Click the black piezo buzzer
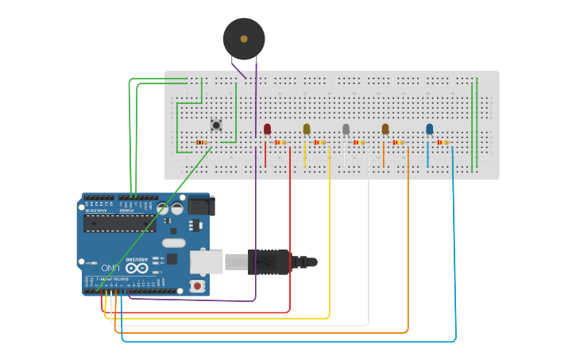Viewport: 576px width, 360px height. (x=243, y=38)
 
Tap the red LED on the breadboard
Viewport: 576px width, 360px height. (x=267, y=129)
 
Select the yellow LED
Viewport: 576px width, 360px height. (x=307, y=129)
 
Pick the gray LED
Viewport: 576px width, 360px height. (x=346, y=129)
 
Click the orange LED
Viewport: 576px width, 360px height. (x=385, y=129)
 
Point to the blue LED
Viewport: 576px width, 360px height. (x=430, y=129)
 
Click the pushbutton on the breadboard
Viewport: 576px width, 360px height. (x=216, y=125)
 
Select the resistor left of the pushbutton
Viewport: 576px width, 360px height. (x=201, y=142)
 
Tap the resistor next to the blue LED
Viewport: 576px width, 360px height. (x=443, y=142)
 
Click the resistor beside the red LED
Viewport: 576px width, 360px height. (x=280, y=142)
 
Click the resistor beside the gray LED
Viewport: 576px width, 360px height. (x=359, y=142)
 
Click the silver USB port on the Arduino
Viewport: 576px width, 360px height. (x=206, y=261)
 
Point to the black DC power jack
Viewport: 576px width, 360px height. (x=200, y=207)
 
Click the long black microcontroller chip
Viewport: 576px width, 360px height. (x=119, y=223)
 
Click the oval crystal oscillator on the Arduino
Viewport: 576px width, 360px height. (x=173, y=242)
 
